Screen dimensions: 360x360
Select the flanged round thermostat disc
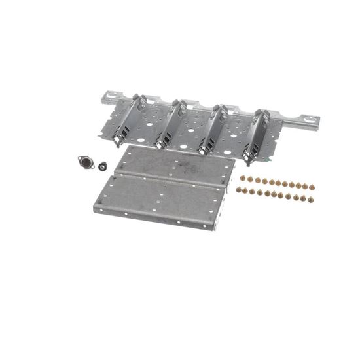86,162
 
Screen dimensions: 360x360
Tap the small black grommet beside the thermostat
103,165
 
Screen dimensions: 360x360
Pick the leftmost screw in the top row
243,177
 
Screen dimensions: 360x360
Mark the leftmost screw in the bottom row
239,190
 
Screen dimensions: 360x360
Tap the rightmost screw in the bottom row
310,199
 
